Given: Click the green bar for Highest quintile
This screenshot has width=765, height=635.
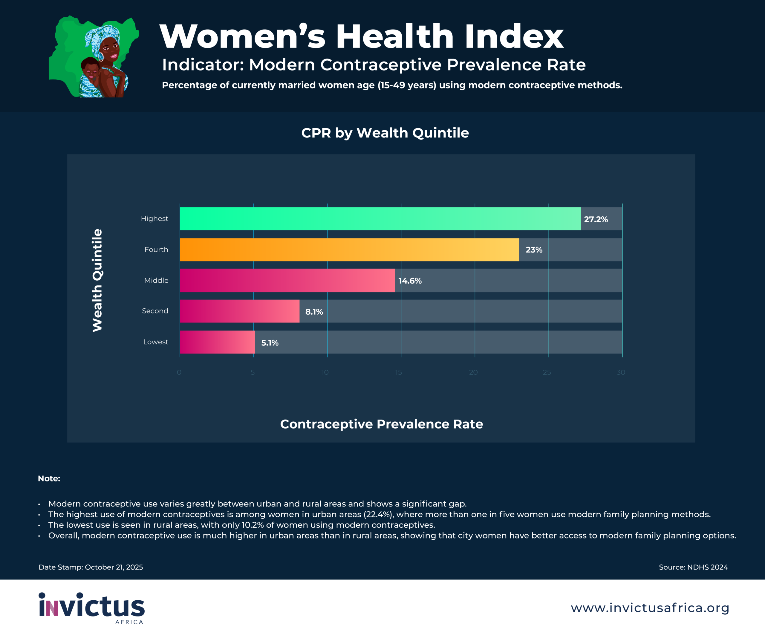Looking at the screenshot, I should coord(380,218).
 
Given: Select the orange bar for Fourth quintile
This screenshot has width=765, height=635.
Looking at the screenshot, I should coord(349,250).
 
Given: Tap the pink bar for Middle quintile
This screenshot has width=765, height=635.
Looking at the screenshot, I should coord(287,280).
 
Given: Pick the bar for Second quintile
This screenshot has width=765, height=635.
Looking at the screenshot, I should coord(239,311).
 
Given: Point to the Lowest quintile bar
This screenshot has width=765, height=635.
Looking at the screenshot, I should coord(217,342).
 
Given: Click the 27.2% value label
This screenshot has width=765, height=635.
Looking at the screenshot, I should coord(596,219).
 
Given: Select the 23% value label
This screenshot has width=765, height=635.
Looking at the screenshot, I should coord(534,250).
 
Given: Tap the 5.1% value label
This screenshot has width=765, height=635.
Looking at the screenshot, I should coord(270,343).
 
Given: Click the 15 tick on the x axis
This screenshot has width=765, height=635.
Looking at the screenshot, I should coord(399,372).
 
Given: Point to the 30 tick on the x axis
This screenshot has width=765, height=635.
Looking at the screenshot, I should coord(621,372).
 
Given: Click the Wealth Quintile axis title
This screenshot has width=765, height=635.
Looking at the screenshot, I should coord(97,280).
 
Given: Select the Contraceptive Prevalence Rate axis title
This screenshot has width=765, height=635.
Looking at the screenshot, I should coord(381,424).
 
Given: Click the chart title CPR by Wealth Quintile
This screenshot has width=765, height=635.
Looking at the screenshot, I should coord(385,133).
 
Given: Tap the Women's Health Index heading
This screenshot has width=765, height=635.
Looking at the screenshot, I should coord(361,36).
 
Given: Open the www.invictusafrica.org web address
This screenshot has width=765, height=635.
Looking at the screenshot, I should coord(650,608).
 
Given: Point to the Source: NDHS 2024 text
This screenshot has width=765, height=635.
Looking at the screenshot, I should coord(693,567).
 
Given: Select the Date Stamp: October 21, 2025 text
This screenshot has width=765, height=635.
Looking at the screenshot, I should coord(91,567).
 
